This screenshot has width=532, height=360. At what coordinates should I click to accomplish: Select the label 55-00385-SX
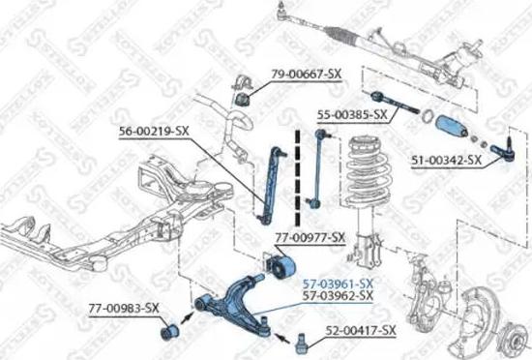(353, 114)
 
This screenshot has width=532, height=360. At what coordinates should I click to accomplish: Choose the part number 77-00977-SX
(309, 236)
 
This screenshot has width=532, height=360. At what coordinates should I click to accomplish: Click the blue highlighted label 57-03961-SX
(338, 283)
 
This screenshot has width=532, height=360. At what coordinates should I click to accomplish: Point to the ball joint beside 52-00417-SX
(304, 339)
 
